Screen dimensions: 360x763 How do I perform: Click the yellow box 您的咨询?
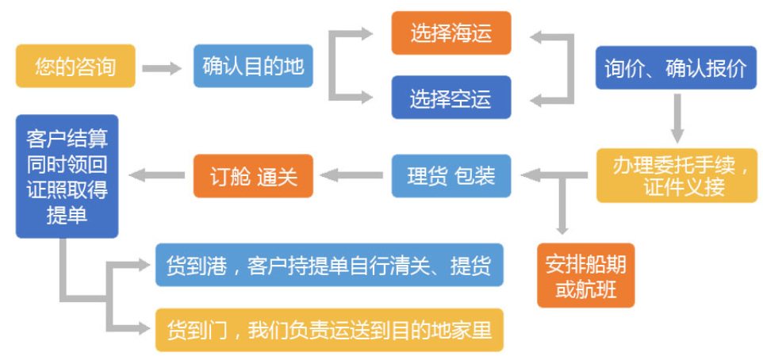(75, 67)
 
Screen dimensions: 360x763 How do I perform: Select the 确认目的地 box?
(253, 67)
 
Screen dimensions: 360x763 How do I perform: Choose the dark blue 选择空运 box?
(451, 98)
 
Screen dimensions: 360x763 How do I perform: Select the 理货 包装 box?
(451, 175)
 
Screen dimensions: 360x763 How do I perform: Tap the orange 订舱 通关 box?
(253, 175)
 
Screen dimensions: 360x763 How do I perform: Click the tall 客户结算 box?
(67, 176)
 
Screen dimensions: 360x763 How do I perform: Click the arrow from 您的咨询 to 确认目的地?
(163, 68)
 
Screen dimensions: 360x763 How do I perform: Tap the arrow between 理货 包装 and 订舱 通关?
(353, 175)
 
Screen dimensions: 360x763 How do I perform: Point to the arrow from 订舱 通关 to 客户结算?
(157, 175)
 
